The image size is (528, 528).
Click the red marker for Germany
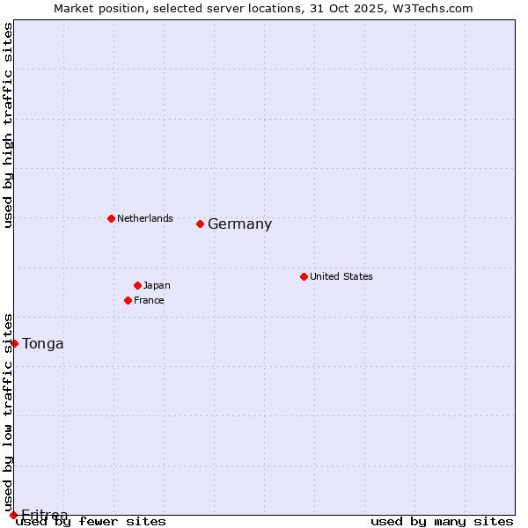[x=200, y=224]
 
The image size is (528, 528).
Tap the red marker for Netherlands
[x=111, y=218]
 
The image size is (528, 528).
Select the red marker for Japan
[x=137, y=285]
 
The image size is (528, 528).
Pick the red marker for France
[x=128, y=300]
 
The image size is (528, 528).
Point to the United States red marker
[x=304, y=276]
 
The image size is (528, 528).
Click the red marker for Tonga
[x=14, y=343]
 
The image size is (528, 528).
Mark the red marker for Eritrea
[x=13, y=515]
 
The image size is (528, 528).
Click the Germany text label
[x=239, y=224]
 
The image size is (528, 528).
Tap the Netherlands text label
[x=145, y=218]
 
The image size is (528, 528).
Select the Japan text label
[x=157, y=285]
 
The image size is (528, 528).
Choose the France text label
[x=149, y=300]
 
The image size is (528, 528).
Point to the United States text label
[x=341, y=276]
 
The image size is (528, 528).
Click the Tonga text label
[x=43, y=344]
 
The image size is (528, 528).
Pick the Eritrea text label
[x=45, y=515]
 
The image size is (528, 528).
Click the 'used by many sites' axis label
[x=442, y=522]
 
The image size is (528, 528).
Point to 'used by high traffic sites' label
[x=9, y=126]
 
